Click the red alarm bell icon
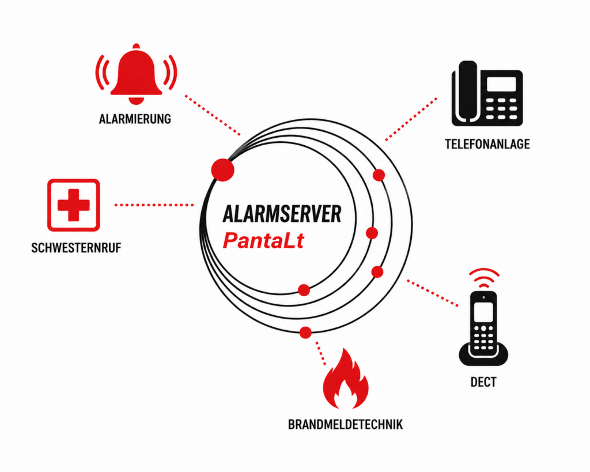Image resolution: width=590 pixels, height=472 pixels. click(x=136, y=74)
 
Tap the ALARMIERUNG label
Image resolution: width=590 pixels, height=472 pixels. click(x=135, y=119)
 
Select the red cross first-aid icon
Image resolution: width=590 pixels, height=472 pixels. click(x=73, y=205)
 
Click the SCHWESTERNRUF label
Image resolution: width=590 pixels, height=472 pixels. click(x=76, y=248)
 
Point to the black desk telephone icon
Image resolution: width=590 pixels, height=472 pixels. click(x=487, y=93)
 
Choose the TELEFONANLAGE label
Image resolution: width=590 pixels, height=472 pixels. click(x=487, y=144)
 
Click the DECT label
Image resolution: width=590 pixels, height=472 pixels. click(x=483, y=382)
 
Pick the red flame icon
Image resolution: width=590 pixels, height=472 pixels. click(x=346, y=379)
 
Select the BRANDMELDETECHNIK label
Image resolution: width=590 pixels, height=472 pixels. click(x=346, y=425)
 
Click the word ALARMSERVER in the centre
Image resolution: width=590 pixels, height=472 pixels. click(x=282, y=214)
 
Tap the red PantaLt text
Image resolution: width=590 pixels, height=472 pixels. click(x=263, y=240)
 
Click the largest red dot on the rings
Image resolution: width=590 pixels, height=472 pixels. click(x=223, y=170)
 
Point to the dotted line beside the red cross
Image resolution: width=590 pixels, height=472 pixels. click(x=154, y=205)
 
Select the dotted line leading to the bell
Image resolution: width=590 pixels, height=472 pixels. click(x=213, y=115)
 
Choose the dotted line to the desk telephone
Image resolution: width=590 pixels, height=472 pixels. click(x=411, y=119)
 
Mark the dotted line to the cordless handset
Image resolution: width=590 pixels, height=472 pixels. click(x=433, y=293)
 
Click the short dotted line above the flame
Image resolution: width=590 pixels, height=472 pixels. click(x=320, y=353)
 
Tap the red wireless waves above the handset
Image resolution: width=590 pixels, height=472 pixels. click(x=484, y=278)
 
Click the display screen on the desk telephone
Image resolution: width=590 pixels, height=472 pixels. click(x=501, y=84)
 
